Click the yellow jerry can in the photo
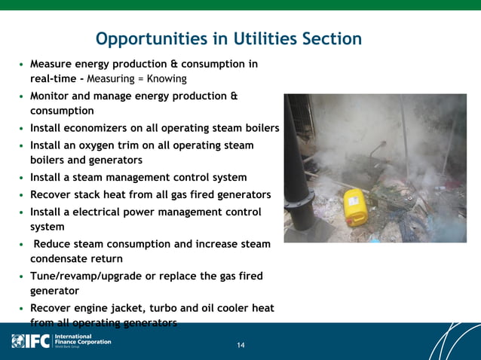coord(354,206)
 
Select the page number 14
coord(240,346)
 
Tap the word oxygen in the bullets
coord(109,145)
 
